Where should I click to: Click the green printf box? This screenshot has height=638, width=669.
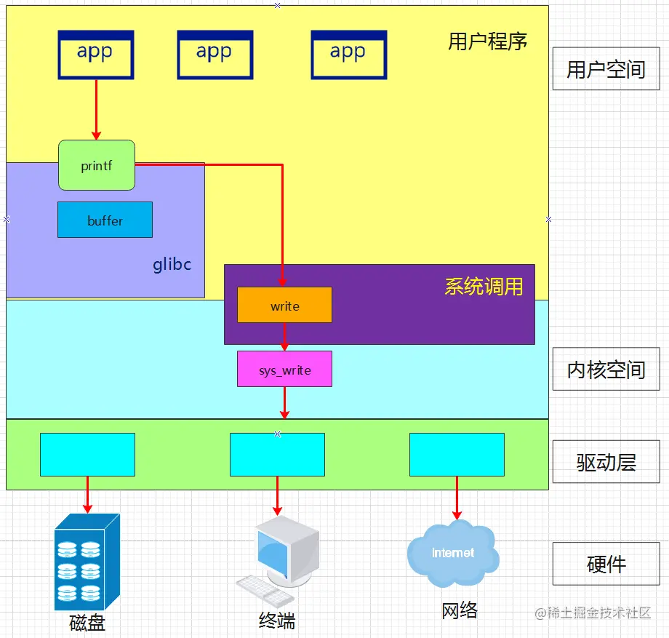pyautogui.click(x=97, y=165)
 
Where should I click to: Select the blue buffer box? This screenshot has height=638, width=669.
pyautogui.click(x=105, y=220)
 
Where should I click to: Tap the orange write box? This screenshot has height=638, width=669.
pyautogui.click(x=284, y=305)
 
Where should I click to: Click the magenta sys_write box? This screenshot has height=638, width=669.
pyautogui.click(x=284, y=369)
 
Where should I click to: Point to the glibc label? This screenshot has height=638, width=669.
pyautogui.click(x=172, y=263)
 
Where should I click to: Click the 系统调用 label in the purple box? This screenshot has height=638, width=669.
pyautogui.click(x=484, y=286)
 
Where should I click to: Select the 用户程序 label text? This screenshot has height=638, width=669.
pyautogui.click(x=487, y=41)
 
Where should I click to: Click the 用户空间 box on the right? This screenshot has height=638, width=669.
pyautogui.click(x=606, y=69)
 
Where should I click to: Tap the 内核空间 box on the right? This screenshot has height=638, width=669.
pyautogui.click(x=606, y=370)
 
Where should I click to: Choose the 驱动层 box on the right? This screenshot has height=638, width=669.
pyautogui.click(x=606, y=462)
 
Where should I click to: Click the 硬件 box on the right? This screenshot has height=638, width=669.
pyautogui.click(x=606, y=564)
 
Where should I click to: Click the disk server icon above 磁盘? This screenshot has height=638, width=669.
pyautogui.click(x=86, y=562)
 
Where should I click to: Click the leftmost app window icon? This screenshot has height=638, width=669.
pyautogui.click(x=95, y=55)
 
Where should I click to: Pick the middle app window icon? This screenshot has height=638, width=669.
pyautogui.click(x=215, y=55)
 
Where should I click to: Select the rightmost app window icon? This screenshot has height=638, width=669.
pyautogui.click(x=348, y=55)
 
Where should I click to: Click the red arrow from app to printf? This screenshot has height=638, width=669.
pyautogui.click(x=96, y=109)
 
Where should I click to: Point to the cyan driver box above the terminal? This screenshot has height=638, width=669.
pyautogui.click(x=277, y=455)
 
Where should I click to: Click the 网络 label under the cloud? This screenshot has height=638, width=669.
pyautogui.click(x=460, y=610)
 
